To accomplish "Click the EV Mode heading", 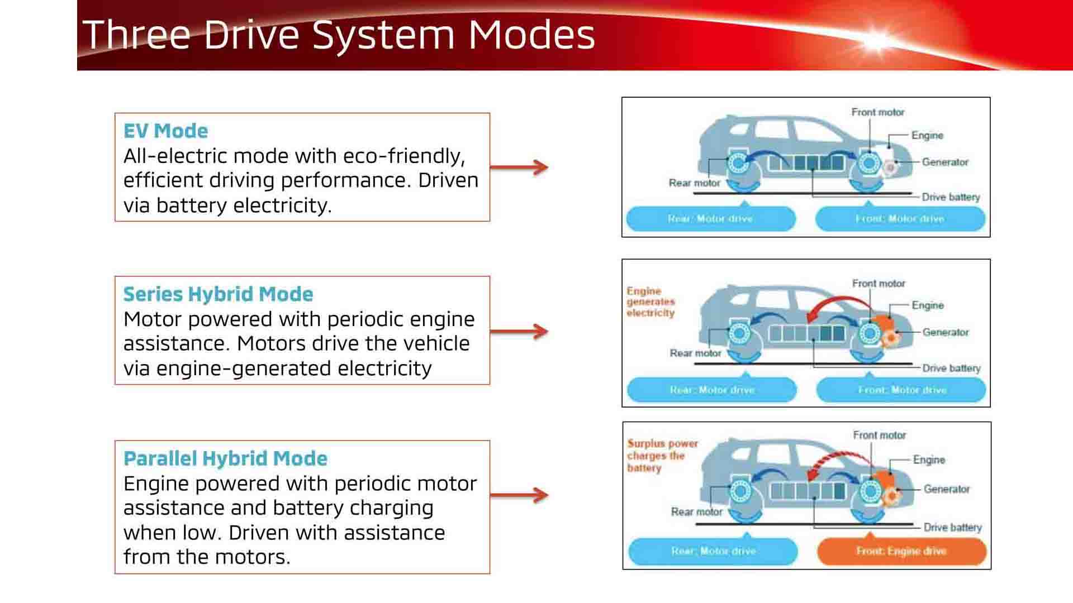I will pyautogui.click(x=165, y=131).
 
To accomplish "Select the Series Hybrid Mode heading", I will pyautogui.click(x=218, y=294).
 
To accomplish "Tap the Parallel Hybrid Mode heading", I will pyautogui.click(x=225, y=458).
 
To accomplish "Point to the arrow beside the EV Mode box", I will pyautogui.click(x=519, y=167).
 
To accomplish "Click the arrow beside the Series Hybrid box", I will pyautogui.click(x=519, y=331).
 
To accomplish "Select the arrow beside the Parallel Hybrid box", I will pyautogui.click(x=519, y=495).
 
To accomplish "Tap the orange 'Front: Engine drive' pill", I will pyautogui.click(x=901, y=551).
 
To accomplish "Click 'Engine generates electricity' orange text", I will pyautogui.click(x=651, y=302).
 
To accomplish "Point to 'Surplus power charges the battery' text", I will pyautogui.click(x=662, y=456).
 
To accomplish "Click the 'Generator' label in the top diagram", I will pyautogui.click(x=944, y=162).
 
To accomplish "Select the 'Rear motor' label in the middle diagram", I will pyautogui.click(x=695, y=353).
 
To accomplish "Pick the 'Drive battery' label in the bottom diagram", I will pyautogui.click(x=952, y=527).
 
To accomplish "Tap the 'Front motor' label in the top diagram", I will pyautogui.click(x=877, y=112).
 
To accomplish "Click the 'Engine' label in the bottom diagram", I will pyautogui.click(x=929, y=460).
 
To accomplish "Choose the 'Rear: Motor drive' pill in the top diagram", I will pyautogui.click(x=710, y=219).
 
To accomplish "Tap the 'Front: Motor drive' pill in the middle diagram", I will pyautogui.click(x=901, y=390).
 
